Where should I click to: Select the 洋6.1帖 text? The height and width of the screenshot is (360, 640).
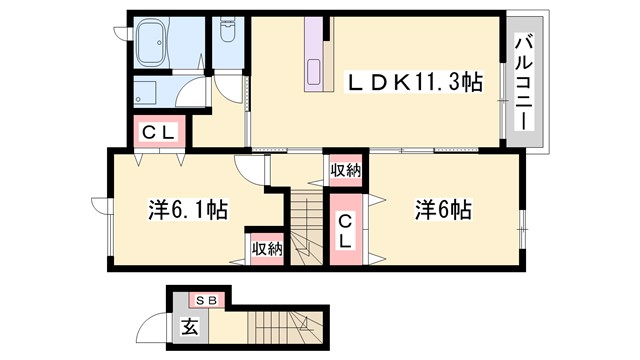pyautogui.click(x=187, y=210)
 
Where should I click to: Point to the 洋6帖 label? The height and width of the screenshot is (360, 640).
pyautogui.click(x=443, y=210)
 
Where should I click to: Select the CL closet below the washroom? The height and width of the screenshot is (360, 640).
pyautogui.click(x=157, y=131)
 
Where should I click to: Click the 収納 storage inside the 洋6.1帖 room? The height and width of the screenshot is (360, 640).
pyautogui.click(x=266, y=248)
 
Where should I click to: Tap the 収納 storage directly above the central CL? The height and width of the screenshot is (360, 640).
pyautogui.click(x=344, y=171)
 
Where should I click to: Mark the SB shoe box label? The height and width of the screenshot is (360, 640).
pyautogui.click(x=207, y=299)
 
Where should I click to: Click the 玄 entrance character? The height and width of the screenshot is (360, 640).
pyautogui.click(x=189, y=325)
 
